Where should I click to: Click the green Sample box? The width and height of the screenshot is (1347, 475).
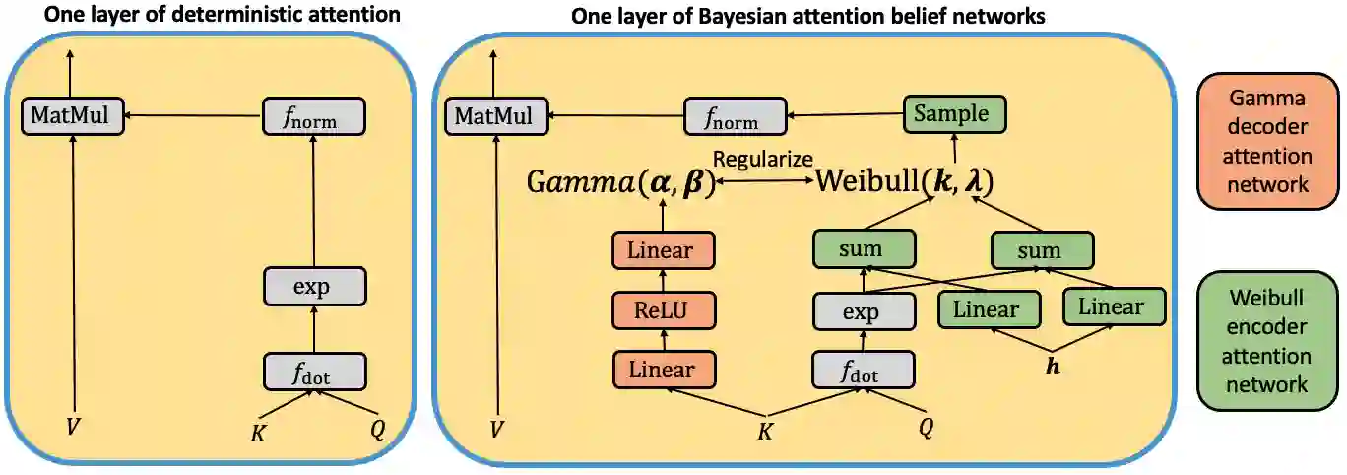(x=951, y=115)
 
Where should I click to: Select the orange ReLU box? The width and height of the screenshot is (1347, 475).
(x=663, y=309)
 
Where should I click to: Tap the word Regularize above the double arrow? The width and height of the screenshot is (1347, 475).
(x=763, y=159)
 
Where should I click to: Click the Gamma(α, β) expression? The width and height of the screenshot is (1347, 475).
(x=620, y=183)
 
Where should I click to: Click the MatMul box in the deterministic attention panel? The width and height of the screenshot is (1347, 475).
(x=69, y=117)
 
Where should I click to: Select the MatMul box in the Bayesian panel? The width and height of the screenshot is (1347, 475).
(x=495, y=117)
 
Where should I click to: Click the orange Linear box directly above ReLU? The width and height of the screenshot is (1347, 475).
(x=663, y=250)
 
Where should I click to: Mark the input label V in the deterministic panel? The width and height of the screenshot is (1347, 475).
(x=72, y=429)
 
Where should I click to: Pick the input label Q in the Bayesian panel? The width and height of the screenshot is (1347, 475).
(x=926, y=429)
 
